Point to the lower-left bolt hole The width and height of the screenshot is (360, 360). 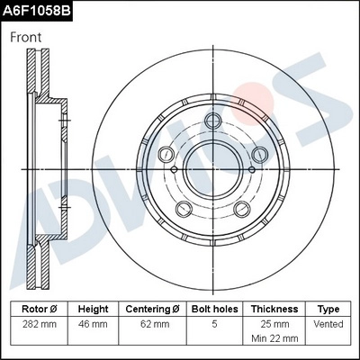pos(184,211)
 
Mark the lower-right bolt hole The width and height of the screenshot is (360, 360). pos(242,211)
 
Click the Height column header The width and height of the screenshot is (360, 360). pos(93,309)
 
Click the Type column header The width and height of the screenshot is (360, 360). pos(329,309)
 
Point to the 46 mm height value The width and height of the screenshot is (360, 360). pos(93,324)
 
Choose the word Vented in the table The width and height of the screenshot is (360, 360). pos(329,324)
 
